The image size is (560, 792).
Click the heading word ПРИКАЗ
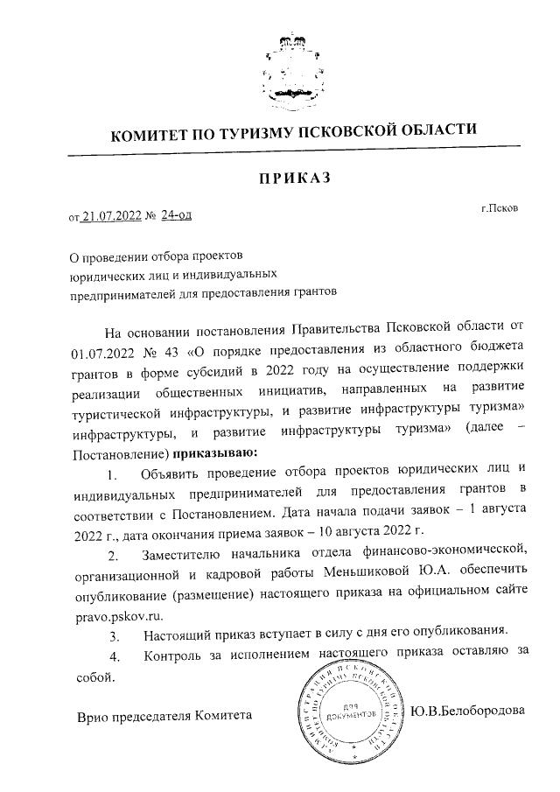coord(290,179)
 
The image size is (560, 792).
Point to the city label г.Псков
coord(499,210)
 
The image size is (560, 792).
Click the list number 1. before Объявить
coord(112,475)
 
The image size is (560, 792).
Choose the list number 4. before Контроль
coord(112,655)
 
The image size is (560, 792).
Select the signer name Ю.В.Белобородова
coord(470,711)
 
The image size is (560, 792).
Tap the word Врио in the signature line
coord(94,715)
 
